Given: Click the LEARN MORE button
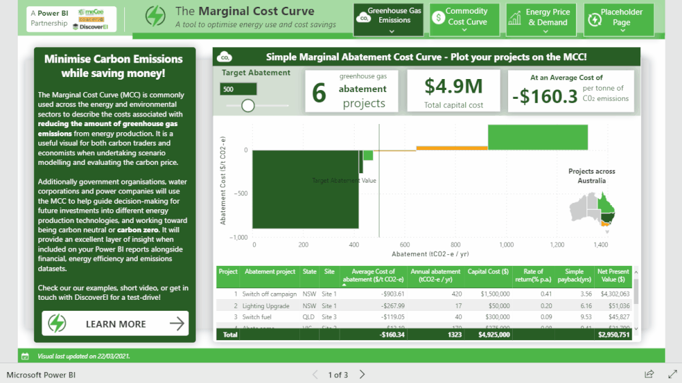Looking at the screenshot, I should [115, 324].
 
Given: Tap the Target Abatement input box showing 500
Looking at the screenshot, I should [238, 89].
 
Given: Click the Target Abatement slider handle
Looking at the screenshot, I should [248, 105].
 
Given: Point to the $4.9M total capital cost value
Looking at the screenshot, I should [454, 86].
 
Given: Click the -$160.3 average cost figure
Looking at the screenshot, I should [545, 97].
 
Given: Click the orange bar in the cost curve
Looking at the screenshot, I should [451, 148].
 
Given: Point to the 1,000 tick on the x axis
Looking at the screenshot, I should [506, 244].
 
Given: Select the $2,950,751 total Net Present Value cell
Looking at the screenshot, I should [613, 335].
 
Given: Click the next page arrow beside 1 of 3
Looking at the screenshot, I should [362, 374].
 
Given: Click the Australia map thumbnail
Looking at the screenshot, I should [593, 207].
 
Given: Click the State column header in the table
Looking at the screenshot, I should [310, 272].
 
